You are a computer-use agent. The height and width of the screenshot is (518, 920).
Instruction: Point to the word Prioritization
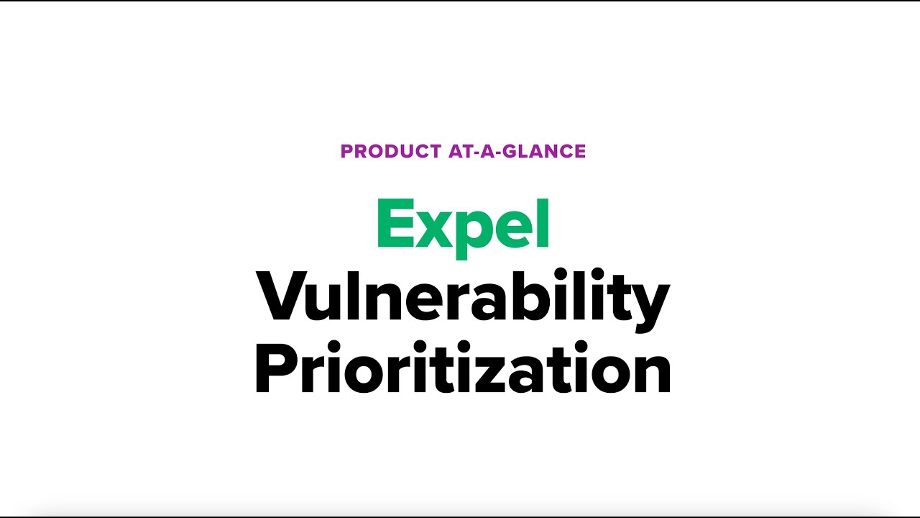463,368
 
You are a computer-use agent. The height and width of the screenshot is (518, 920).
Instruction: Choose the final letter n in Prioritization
650,375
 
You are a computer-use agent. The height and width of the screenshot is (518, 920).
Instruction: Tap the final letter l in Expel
543,223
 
